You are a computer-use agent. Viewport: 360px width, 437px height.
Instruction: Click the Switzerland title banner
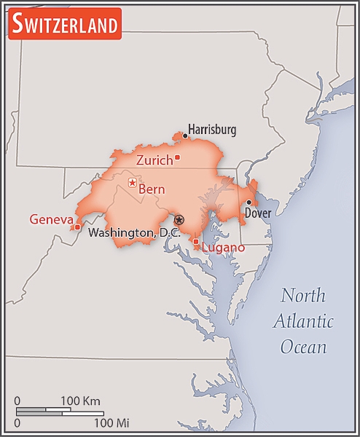(x=65, y=25)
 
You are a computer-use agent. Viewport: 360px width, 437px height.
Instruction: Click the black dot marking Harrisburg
(x=185, y=135)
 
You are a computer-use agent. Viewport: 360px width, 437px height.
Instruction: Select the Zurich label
(x=154, y=160)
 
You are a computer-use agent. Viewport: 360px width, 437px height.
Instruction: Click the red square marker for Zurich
(x=177, y=157)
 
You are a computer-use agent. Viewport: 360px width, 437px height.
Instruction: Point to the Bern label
(x=152, y=189)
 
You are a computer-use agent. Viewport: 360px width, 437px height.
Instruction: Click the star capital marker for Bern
(x=132, y=182)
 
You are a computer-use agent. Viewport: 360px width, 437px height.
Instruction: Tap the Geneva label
(x=50, y=219)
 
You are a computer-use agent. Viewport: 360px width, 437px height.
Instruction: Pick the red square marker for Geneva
(x=77, y=227)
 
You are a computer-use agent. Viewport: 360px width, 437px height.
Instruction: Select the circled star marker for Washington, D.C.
(x=179, y=219)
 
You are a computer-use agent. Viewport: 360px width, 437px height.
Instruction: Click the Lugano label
(x=223, y=248)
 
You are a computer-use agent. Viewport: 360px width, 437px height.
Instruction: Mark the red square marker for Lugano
(x=195, y=241)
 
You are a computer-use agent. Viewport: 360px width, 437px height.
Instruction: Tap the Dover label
(x=257, y=213)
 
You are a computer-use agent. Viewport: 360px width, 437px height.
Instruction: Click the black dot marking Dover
(x=249, y=202)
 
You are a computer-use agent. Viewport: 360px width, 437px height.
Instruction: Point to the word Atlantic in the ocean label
(x=304, y=321)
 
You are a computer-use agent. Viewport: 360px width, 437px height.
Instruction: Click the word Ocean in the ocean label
(x=304, y=346)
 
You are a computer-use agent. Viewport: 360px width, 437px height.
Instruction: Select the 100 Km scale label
(x=80, y=401)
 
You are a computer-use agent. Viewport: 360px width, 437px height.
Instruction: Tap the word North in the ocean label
(x=304, y=296)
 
